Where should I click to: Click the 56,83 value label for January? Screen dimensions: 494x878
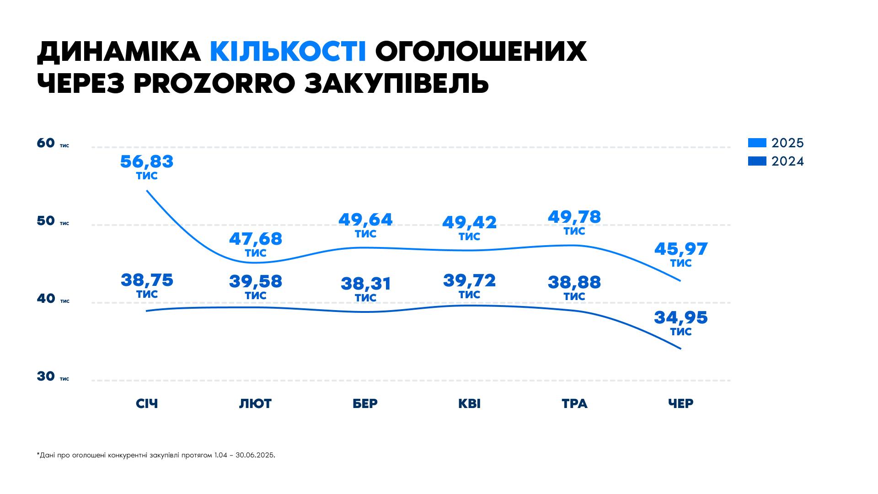coord(147,162)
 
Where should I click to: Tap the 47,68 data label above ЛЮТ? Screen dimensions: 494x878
coord(256,239)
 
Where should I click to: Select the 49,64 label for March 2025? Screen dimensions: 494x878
coord(365,220)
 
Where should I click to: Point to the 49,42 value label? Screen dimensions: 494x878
coord(469,223)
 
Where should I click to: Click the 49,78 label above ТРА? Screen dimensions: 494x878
coord(574,217)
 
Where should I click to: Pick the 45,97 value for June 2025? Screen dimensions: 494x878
coord(681,249)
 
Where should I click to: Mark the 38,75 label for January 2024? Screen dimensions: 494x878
coord(147,280)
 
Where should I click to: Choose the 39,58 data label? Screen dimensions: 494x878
coord(256,281)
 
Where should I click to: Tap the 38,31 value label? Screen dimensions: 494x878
coord(366,284)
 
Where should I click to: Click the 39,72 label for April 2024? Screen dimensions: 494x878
coord(469,280)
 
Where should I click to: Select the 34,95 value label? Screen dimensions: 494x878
coord(681,317)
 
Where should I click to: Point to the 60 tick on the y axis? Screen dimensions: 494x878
coord(46,143)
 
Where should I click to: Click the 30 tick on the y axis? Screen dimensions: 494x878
coord(46,376)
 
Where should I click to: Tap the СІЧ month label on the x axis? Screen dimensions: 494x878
coord(147,403)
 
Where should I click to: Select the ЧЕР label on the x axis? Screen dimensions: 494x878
coord(680,403)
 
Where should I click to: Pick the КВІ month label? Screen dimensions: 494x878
coord(469,403)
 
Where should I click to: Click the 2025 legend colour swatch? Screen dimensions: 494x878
coord(757,143)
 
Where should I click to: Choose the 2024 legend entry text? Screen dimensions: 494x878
coord(787,161)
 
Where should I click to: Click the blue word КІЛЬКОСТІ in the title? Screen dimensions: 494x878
coord(288,51)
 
